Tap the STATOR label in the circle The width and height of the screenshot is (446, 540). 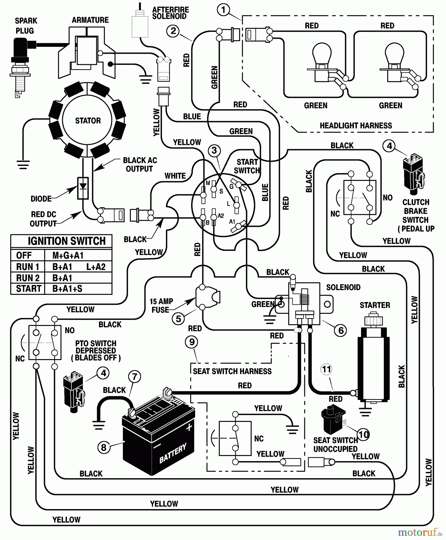click(88, 121)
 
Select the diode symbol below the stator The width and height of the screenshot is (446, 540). click(83, 188)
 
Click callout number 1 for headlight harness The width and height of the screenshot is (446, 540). click(223, 10)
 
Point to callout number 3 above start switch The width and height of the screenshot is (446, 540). click(214, 150)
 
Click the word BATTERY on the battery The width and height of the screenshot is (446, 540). click(173, 453)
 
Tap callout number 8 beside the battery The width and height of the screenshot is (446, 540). click(104, 448)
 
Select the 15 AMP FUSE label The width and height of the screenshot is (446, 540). click(161, 305)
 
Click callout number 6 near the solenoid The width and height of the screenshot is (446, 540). click(341, 330)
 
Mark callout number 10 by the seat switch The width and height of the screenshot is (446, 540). click(363, 434)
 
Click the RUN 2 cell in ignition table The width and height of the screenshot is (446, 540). click(28, 278)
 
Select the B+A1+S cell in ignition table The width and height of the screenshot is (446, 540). click(67, 289)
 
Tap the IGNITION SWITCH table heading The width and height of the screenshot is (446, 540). click(66, 241)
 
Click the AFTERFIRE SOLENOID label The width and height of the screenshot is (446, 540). click(170, 13)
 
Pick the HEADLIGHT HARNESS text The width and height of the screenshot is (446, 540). click(356, 125)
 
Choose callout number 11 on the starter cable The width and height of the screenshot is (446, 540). click(326, 369)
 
